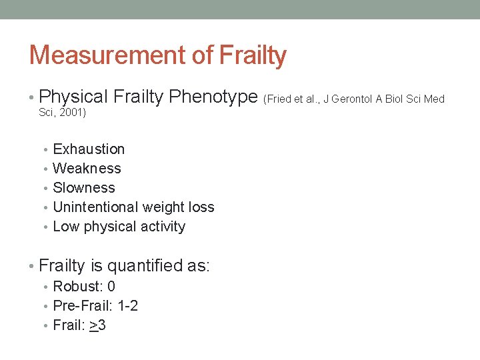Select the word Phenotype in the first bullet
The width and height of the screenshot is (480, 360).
pyautogui.click(x=213, y=97)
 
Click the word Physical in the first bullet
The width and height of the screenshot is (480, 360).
pyautogui.click(x=73, y=97)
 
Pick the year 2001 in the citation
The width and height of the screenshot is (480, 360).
pyautogui.click(x=72, y=113)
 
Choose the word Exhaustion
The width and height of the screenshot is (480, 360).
pyautogui.click(x=89, y=149)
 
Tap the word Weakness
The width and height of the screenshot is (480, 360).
pyautogui.click(x=87, y=169)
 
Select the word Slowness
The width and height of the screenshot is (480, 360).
pyautogui.click(x=84, y=188)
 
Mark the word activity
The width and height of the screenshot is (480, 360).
pyautogui.click(x=162, y=227)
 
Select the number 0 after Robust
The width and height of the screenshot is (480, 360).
pyautogui.click(x=111, y=287)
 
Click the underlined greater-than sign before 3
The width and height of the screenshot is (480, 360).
pyautogui.click(x=93, y=326)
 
